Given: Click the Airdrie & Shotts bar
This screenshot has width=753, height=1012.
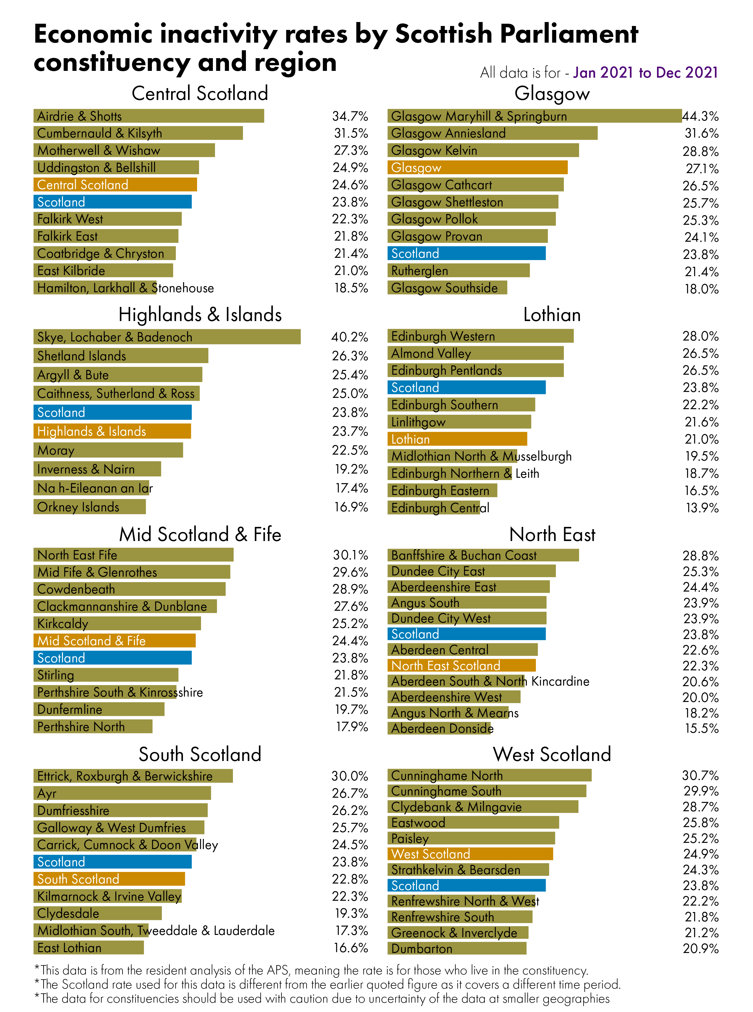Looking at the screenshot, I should click(x=149, y=116).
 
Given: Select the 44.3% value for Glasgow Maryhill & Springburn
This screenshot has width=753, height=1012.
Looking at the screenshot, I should click(x=700, y=116).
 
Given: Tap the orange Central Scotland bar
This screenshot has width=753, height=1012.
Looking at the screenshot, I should click(x=115, y=185).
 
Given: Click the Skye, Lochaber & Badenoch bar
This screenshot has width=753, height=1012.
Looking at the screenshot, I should click(x=167, y=337).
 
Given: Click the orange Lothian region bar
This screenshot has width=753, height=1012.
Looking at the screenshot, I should click(x=457, y=439).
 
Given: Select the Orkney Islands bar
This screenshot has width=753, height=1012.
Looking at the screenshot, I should click(x=89, y=507).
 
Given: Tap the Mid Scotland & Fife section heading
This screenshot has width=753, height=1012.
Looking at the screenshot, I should click(x=200, y=534).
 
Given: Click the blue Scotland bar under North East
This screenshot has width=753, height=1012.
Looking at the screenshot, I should click(x=466, y=634).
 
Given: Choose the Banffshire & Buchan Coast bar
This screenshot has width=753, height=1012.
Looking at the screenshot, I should click(x=483, y=555).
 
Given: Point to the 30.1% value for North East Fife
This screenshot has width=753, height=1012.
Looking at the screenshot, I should click(x=350, y=555).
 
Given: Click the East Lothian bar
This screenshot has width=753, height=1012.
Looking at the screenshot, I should click(x=88, y=948).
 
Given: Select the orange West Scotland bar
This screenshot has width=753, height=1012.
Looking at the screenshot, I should click(x=470, y=854).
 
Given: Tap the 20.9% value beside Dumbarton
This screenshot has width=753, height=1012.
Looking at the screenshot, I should click(x=700, y=949).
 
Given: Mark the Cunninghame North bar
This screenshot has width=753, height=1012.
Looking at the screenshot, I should click(x=489, y=775).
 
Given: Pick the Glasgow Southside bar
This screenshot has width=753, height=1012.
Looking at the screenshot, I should click(x=447, y=288).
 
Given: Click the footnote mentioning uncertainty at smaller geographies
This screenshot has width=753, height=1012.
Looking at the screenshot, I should click(x=322, y=998).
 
